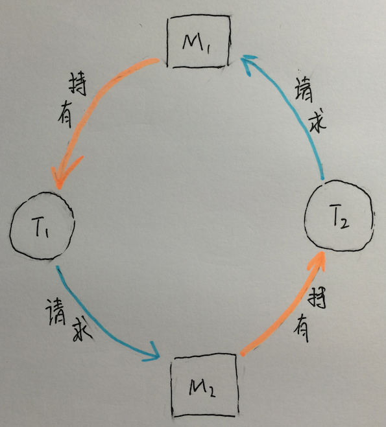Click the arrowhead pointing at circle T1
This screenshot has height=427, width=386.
tap(63, 174)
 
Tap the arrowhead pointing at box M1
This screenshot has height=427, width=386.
tap(248, 62)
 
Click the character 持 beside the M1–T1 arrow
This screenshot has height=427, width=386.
tap(78, 84)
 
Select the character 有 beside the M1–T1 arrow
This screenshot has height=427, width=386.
tap(66, 115)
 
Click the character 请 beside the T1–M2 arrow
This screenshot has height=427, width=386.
tap(56, 312)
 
